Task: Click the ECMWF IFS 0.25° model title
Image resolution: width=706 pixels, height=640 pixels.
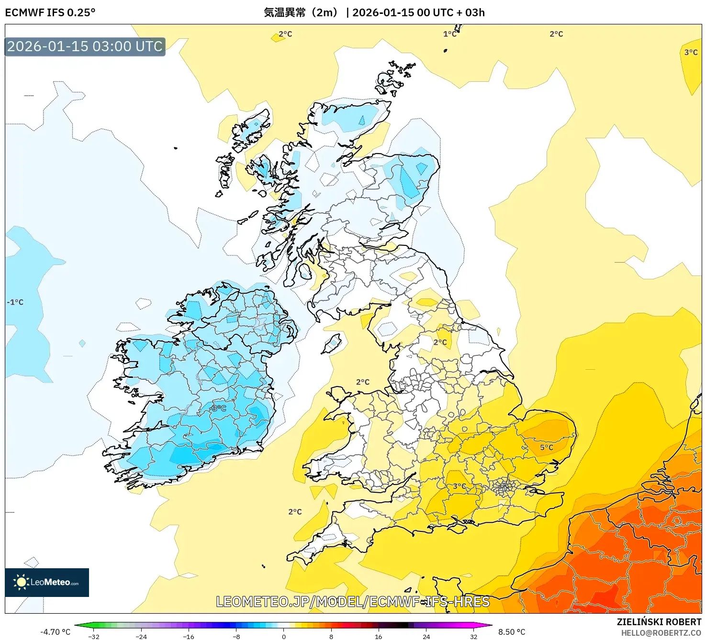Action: point(50,12)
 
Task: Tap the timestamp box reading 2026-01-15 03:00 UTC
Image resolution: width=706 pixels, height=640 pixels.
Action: point(85,47)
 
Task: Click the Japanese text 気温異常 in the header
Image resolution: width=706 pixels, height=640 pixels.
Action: point(284,12)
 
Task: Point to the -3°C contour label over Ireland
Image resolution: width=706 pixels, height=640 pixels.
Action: point(218,408)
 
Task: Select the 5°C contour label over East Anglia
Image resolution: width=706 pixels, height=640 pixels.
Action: point(547,447)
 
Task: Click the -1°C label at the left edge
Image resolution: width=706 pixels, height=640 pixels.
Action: point(15,302)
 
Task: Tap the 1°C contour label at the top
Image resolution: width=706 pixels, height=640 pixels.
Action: point(449,34)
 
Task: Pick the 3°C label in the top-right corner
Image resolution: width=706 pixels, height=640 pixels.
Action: point(691,52)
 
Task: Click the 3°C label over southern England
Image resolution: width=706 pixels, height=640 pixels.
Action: point(459,486)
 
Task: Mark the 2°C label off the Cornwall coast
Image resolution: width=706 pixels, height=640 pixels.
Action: point(295,512)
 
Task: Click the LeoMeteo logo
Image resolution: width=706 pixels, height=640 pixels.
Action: point(47,582)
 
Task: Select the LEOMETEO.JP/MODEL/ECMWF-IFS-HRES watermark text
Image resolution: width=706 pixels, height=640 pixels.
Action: point(353,601)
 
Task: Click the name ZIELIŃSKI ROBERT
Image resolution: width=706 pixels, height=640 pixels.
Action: point(659,622)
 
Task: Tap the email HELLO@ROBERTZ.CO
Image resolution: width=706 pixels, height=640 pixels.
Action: point(661,633)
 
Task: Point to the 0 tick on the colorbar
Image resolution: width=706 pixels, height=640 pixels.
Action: point(284,636)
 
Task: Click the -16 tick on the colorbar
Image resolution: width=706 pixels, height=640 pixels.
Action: point(189,636)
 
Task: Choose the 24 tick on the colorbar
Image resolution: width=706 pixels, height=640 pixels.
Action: point(426,636)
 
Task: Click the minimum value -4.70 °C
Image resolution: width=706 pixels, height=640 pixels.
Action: point(55,632)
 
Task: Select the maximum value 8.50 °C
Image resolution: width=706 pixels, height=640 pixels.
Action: point(512,632)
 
